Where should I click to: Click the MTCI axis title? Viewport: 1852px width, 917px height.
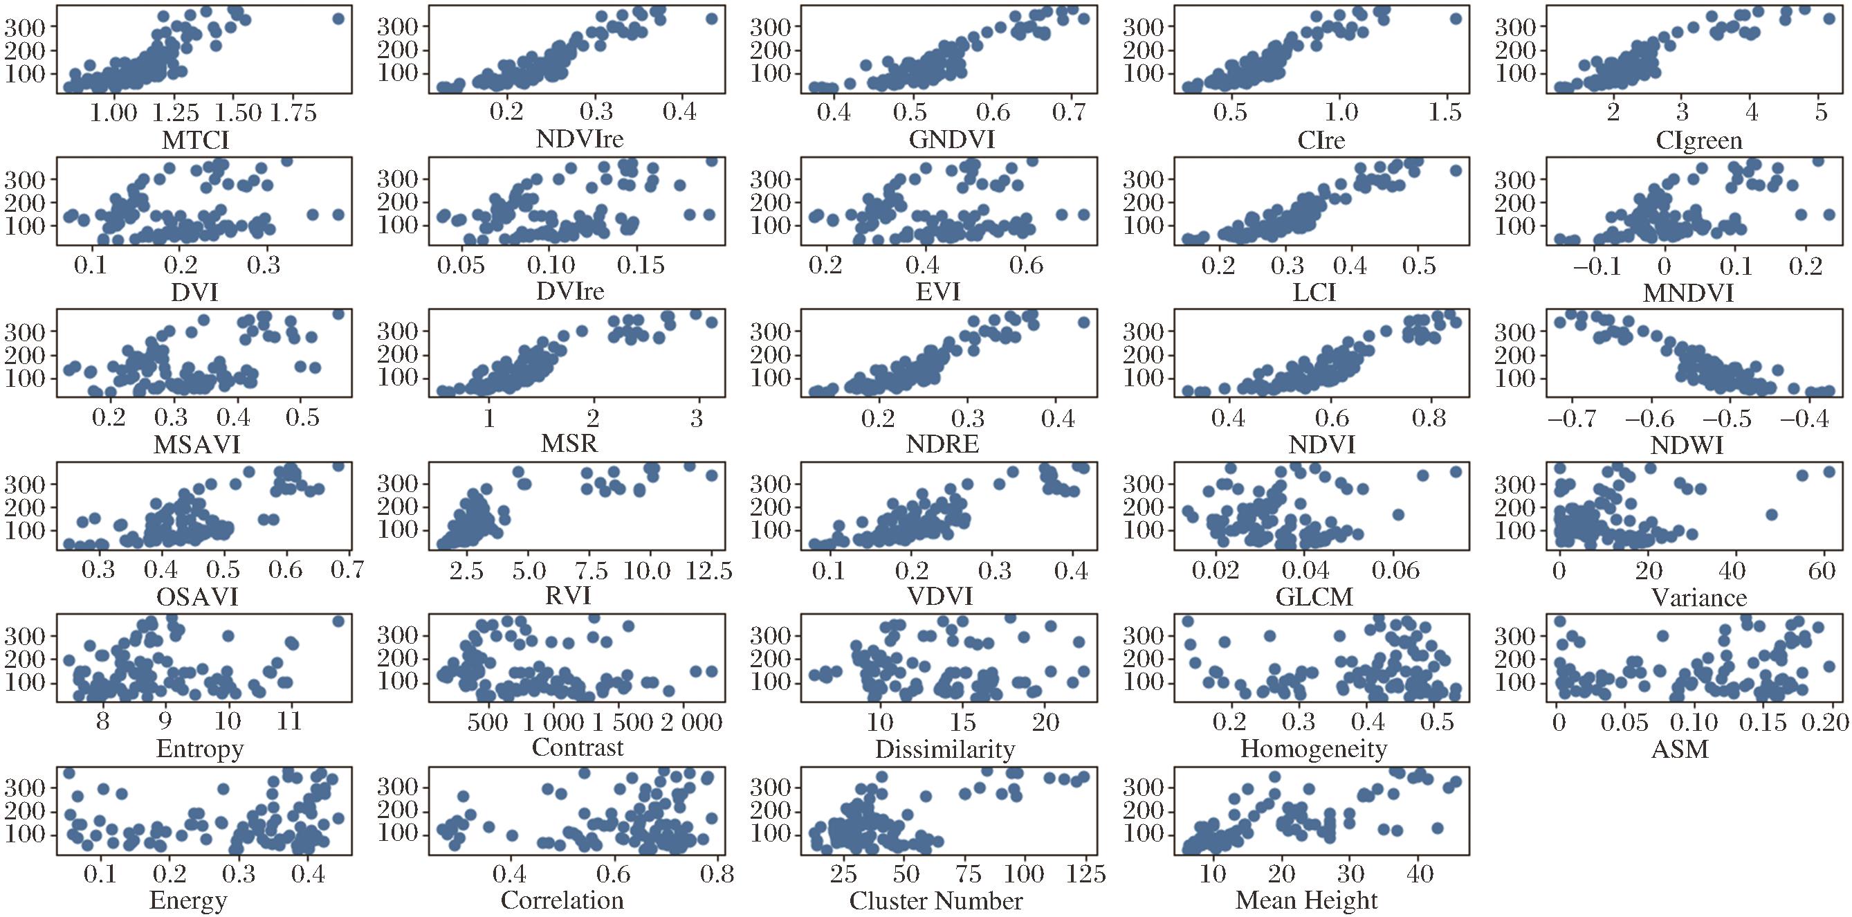195,140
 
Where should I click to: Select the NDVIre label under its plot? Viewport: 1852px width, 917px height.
580,138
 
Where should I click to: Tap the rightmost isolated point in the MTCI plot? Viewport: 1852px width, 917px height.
338,19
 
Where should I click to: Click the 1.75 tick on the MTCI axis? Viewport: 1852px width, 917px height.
293,114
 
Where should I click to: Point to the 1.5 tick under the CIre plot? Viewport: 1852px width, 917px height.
1446,114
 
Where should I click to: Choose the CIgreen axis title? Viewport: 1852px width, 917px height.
1699,140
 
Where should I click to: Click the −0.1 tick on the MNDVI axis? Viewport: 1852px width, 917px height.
1596,266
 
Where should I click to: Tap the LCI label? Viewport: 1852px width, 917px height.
1314,292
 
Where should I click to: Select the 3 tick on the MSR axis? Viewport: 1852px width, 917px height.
696,419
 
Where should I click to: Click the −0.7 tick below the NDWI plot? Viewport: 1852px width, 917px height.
1573,419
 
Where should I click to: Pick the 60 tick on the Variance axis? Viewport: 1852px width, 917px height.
1821,571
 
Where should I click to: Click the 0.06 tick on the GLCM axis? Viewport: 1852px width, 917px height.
1395,571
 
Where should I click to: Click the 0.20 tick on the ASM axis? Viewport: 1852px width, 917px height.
1828,722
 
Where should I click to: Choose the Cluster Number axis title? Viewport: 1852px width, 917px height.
935,900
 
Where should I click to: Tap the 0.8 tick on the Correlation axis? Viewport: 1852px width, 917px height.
716,875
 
